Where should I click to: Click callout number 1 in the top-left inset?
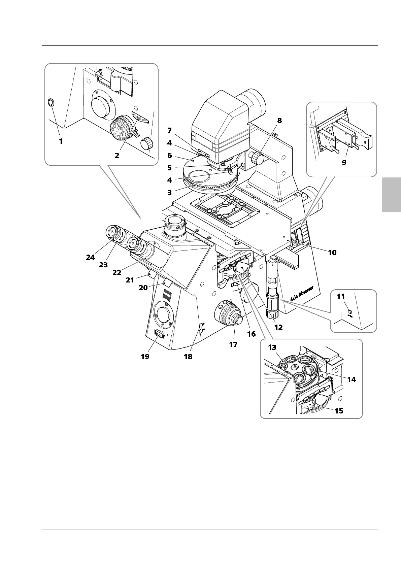[61, 141]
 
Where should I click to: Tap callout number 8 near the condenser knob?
[279, 121]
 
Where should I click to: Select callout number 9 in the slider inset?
[344, 162]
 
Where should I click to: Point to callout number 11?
[341, 297]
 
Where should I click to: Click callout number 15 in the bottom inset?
[339, 410]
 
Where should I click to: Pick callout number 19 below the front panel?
[145, 356]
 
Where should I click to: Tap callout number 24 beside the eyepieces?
[90, 257]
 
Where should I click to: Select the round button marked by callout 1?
[51, 103]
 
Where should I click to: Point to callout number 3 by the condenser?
[169, 193]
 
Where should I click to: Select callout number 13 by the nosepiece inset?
[272, 347]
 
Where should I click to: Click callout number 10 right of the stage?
[332, 252]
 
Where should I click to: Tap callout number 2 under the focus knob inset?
[117, 156]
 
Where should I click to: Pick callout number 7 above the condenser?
[169, 130]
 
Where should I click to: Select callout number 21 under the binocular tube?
[130, 280]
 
